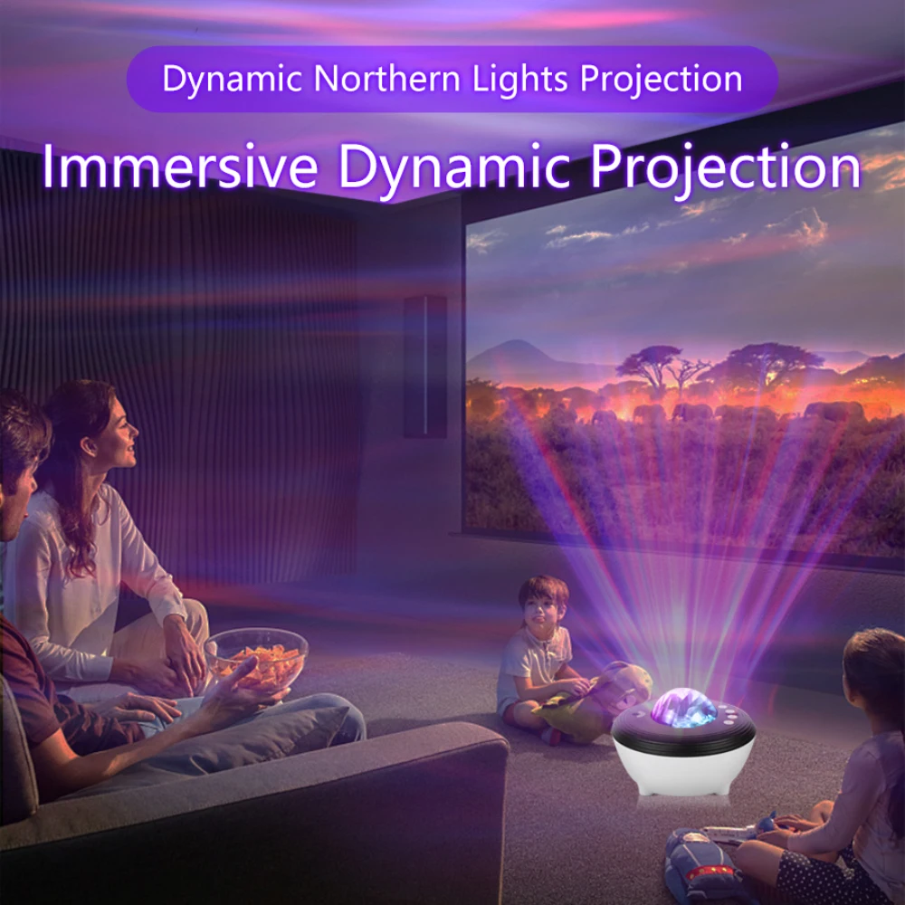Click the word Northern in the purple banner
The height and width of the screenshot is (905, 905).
click(389, 80)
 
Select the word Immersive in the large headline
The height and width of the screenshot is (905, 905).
click(179, 168)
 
